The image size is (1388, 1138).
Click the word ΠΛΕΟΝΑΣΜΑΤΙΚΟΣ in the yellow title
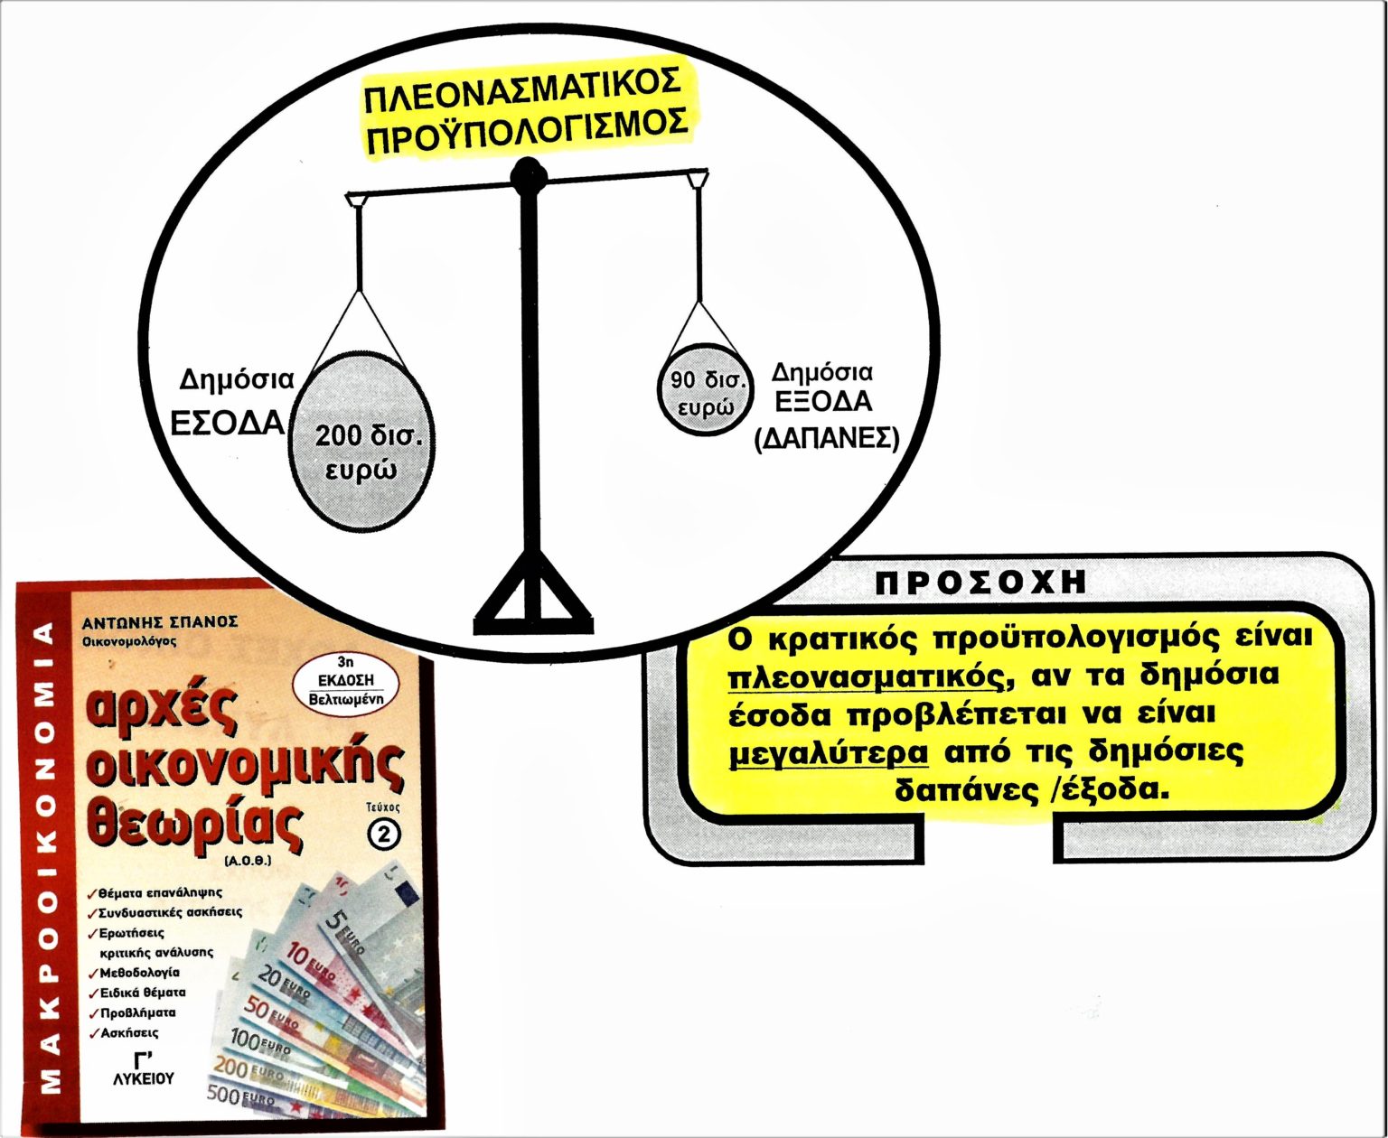(522, 95)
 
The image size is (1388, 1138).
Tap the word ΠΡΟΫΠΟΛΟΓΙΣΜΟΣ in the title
(528, 132)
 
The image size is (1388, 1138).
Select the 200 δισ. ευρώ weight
(361, 441)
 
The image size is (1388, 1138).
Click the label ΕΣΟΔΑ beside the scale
(228, 424)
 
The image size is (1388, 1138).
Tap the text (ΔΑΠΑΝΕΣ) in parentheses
(827, 439)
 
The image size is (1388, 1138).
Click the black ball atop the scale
(529, 175)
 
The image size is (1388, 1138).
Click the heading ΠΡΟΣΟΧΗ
(980, 583)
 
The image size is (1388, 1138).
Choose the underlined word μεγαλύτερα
(830, 752)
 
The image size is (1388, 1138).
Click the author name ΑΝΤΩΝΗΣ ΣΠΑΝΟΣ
(160, 621)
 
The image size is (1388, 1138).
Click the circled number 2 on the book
(385, 835)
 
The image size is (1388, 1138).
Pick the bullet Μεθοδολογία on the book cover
(135, 972)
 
